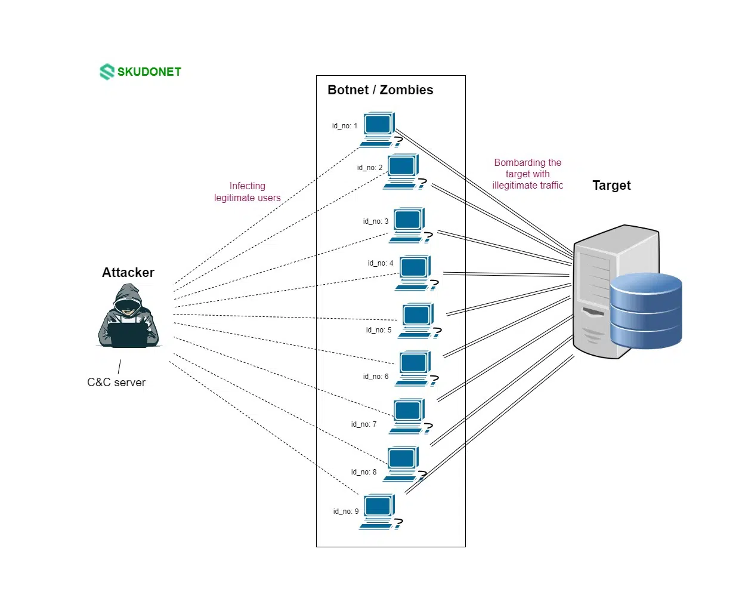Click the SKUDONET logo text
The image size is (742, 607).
149,72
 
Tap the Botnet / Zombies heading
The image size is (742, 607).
380,90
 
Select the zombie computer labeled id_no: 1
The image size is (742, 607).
378,128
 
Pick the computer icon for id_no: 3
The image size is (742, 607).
408,224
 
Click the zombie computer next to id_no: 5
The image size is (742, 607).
417,319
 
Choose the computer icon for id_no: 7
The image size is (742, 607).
408,414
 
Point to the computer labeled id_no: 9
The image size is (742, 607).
378,510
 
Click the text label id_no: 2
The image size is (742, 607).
370,168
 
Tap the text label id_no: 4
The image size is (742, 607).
381,263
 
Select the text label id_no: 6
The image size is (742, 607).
376,377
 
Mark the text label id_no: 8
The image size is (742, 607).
364,472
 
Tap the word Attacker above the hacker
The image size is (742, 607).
128,273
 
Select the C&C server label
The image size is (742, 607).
116,383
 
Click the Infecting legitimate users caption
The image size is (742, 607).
247,192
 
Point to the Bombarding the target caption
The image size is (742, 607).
527,174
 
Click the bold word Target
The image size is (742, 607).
611,186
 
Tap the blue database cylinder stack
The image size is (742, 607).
645,310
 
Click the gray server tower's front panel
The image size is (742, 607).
593,298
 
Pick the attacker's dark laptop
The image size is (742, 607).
128,334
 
